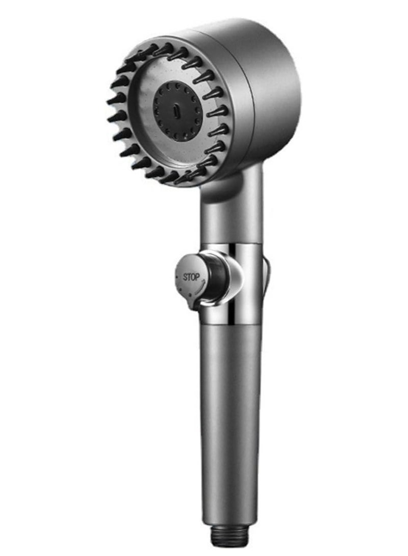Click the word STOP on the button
(x=192, y=278)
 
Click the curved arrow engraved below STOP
(x=192, y=288)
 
